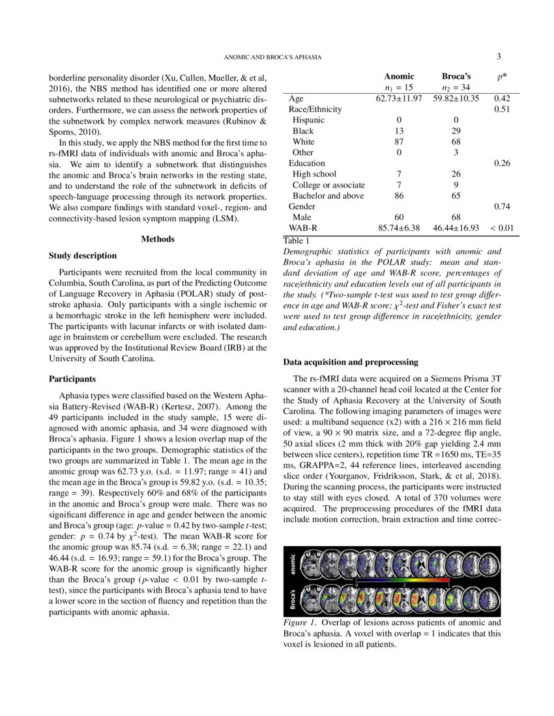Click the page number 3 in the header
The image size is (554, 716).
[x=498, y=57]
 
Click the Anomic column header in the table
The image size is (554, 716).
[x=399, y=76]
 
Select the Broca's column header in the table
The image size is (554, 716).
[x=456, y=76]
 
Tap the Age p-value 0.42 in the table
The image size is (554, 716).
[x=501, y=98]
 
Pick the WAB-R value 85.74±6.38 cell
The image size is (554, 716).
[x=399, y=228]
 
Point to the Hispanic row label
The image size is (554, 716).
[x=308, y=120]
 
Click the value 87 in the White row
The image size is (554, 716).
[x=399, y=141]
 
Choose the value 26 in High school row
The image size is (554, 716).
[x=456, y=174]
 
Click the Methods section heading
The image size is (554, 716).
[x=158, y=239]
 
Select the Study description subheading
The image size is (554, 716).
[x=83, y=256]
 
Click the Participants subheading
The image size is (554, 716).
[x=72, y=378]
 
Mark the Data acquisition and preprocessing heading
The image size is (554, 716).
[x=351, y=362]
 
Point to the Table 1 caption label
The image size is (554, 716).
[x=297, y=241]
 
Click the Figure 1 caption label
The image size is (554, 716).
[x=300, y=623]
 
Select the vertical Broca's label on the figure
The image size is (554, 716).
[x=293, y=600]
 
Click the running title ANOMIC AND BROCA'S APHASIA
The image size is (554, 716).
[x=272, y=57]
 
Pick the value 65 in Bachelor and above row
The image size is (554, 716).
[x=456, y=195]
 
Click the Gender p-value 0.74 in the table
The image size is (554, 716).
[x=501, y=206]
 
